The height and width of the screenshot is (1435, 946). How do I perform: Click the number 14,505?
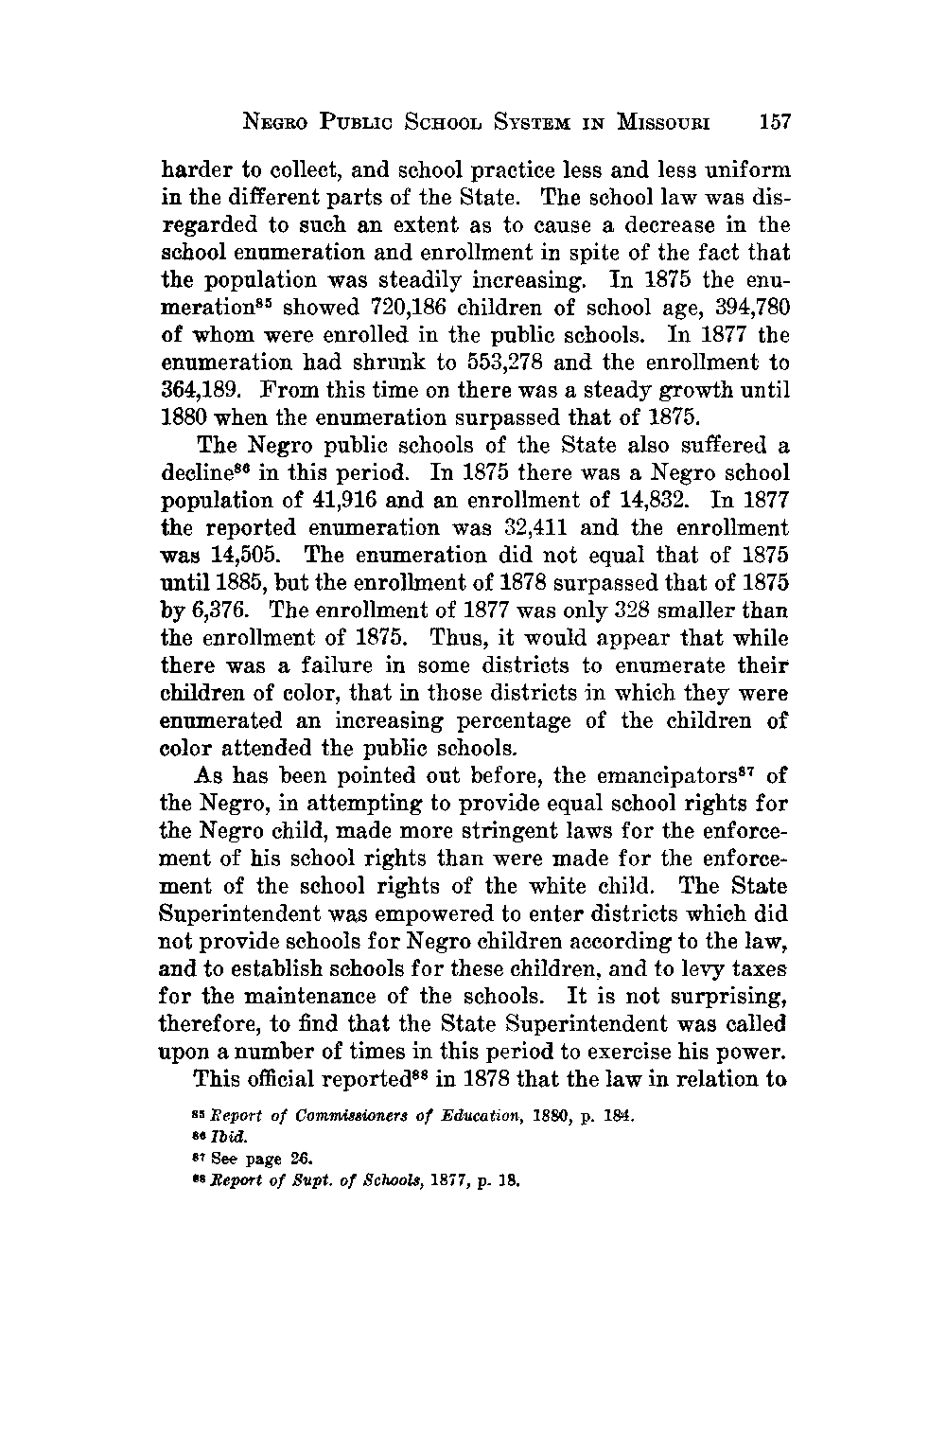265,555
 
